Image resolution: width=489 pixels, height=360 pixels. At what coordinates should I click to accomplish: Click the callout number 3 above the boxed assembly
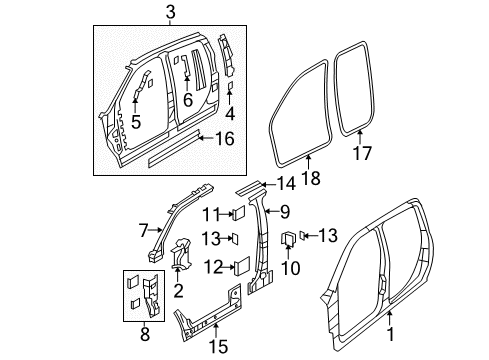(x=170, y=11)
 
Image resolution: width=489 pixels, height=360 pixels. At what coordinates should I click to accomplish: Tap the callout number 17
(x=363, y=154)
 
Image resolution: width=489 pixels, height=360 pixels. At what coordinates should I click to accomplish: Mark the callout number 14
(x=286, y=183)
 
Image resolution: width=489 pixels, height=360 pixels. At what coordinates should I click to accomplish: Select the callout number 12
(x=212, y=267)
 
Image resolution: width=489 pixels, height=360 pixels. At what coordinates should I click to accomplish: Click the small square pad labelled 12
(x=241, y=265)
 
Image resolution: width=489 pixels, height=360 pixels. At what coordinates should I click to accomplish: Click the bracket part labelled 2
(x=181, y=257)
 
